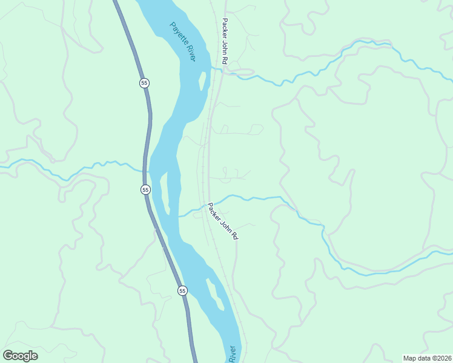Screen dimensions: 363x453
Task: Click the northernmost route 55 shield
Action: click(x=144, y=83)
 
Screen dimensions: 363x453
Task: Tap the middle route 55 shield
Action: click(x=145, y=190)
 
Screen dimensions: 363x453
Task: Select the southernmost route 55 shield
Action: click(x=183, y=291)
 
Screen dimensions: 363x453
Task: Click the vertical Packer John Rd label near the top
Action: click(x=225, y=42)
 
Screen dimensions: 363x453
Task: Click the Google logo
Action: click(x=20, y=356)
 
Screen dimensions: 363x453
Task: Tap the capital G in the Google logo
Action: click(x=8, y=356)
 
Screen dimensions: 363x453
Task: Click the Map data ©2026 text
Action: click(x=427, y=358)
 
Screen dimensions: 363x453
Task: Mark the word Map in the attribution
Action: click(x=409, y=358)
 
